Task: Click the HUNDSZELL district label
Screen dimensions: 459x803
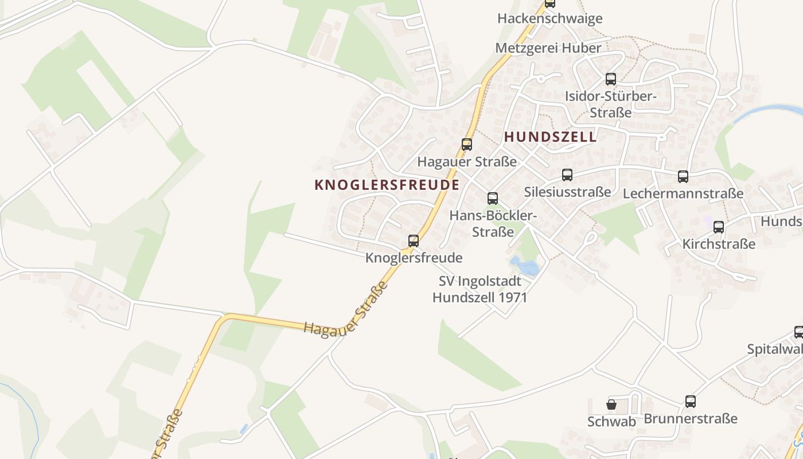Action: coord(551,137)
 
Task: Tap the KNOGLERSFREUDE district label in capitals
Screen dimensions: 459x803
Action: coord(387,185)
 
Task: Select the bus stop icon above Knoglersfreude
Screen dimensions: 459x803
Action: coord(414,241)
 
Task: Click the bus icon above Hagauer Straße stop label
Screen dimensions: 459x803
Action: coord(467,145)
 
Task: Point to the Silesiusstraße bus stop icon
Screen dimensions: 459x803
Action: coord(567,175)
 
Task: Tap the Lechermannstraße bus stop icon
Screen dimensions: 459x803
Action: coord(683,177)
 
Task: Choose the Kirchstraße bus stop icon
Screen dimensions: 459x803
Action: coord(719,227)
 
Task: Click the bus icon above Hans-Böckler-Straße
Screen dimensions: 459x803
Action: coord(493,199)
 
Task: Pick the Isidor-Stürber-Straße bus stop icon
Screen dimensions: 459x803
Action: coord(611,79)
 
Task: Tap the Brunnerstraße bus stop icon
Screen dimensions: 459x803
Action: coord(691,402)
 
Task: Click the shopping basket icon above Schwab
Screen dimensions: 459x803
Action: coord(611,404)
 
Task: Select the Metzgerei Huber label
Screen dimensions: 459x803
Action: coord(548,48)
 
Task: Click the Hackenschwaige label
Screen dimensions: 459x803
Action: coord(549,18)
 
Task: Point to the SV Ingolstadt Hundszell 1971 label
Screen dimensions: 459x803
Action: coord(480,289)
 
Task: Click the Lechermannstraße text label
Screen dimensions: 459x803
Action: coord(683,193)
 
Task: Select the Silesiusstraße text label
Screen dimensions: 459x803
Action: coord(567,192)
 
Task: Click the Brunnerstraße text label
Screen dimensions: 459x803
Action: coord(691,418)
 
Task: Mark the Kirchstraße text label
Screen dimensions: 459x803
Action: coord(719,244)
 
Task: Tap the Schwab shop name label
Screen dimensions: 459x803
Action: coord(611,422)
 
